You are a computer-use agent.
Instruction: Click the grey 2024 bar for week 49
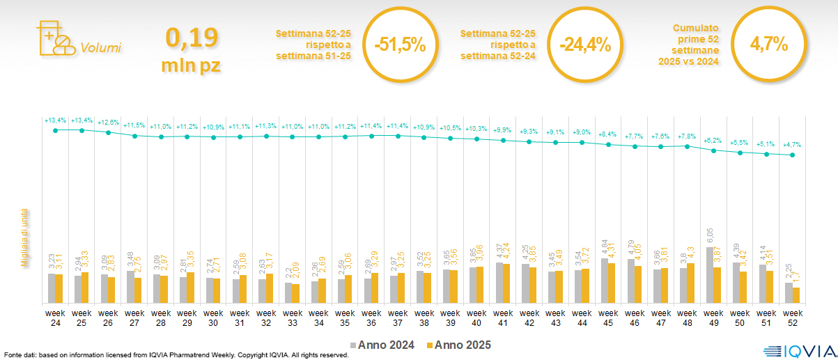click(710, 275)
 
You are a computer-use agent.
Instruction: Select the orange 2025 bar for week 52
click(796, 295)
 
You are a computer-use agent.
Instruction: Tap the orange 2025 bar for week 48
click(691, 283)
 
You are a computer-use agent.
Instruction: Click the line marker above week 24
click(56, 130)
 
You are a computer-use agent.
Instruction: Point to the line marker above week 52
click(792, 155)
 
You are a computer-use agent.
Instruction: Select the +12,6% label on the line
click(108, 122)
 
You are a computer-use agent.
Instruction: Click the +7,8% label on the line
click(687, 136)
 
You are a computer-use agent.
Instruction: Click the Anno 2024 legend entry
click(383, 345)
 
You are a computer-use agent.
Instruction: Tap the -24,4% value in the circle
click(584, 45)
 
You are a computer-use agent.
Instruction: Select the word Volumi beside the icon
click(100, 48)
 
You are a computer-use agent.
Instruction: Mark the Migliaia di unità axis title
click(24, 237)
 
